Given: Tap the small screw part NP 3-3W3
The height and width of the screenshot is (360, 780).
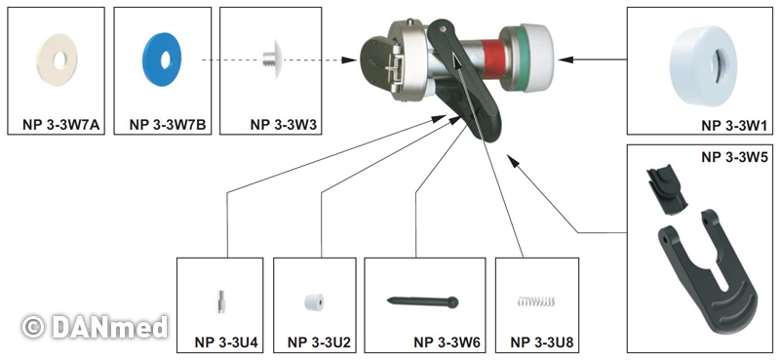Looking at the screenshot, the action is tap(273, 60).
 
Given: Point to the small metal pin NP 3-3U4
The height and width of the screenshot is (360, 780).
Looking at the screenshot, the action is tap(220, 301).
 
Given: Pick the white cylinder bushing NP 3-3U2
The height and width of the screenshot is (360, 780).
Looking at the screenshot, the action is tap(314, 302).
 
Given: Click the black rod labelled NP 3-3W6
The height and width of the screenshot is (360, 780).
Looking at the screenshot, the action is tap(422, 301).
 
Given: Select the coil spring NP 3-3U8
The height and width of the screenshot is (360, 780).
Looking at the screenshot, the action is tap(535, 300).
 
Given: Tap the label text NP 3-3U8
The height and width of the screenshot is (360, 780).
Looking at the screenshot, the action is tap(542, 342).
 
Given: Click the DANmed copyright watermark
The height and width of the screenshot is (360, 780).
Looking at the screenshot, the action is tap(95, 327).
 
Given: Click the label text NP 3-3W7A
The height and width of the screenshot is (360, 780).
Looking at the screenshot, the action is tap(61, 125).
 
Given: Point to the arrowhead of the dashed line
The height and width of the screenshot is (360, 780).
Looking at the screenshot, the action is tap(350, 60).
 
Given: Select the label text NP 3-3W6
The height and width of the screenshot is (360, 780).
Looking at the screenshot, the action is tap(447, 342).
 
